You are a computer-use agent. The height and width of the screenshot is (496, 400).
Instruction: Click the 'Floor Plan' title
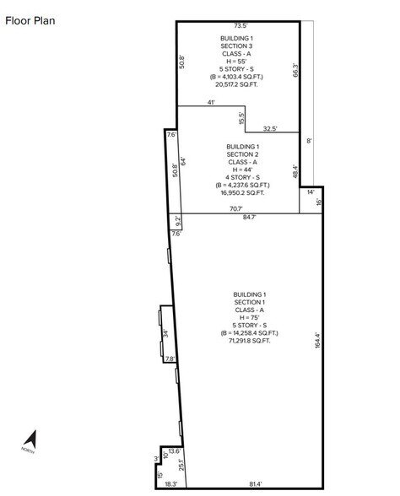click(30, 21)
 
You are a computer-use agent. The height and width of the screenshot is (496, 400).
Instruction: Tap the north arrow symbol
click(30, 439)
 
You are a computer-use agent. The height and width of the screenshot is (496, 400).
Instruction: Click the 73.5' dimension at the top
click(241, 25)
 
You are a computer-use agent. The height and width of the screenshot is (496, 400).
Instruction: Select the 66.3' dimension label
click(295, 70)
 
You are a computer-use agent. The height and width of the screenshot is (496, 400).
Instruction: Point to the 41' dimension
click(211, 103)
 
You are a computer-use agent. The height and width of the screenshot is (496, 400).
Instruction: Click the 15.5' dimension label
click(241, 118)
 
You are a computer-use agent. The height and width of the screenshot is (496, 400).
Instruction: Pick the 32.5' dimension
click(270, 129)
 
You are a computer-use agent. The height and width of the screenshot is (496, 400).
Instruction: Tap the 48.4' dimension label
click(295, 171)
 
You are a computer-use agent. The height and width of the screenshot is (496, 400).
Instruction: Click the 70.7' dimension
click(236, 209)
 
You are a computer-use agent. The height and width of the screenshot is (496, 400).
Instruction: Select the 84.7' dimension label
click(249, 217)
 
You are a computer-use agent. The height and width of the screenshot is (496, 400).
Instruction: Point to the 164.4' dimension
click(318, 341)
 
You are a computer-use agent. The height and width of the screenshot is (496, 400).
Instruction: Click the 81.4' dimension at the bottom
click(256, 483)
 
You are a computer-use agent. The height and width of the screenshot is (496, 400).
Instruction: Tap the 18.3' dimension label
click(171, 483)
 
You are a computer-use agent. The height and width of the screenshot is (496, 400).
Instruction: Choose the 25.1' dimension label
click(181, 465)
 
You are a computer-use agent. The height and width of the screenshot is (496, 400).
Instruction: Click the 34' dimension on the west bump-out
click(165, 333)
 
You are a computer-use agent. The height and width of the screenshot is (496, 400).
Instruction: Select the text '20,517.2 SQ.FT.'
click(236, 84)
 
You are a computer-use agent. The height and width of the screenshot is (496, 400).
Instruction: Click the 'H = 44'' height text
click(242, 170)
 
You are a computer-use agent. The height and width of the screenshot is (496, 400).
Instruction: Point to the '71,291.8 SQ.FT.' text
click(250, 341)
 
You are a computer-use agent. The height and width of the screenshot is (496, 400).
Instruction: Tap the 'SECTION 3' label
click(236, 46)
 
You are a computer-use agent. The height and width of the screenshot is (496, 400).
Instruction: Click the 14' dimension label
click(311, 191)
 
